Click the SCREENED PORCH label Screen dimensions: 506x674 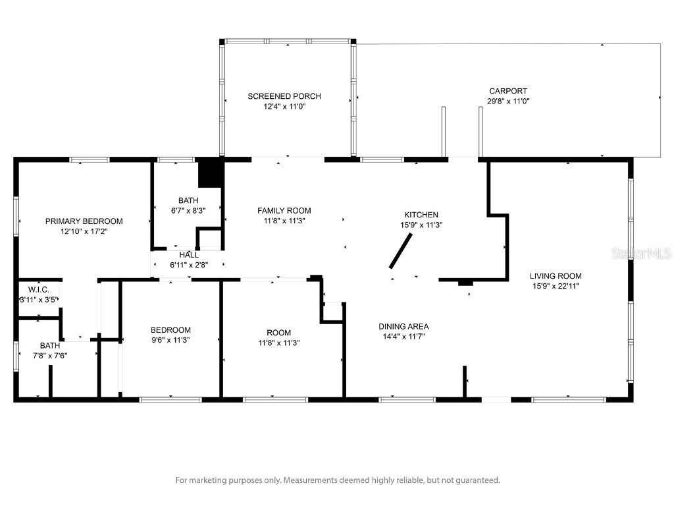[x=284, y=96]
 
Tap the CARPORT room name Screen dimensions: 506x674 [x=507, y=91]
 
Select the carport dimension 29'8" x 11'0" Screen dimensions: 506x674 [x=507, y=101]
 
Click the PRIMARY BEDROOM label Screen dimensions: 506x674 [x=84, y=221]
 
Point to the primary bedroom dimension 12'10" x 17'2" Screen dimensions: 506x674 [x=84, y=232]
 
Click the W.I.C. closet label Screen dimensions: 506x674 [x=39, y=290]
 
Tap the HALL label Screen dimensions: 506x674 [x=189, y=255]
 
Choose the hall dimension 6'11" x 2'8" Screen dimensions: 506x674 [x=189, y=265]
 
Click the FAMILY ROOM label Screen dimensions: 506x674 [x=284, y=211]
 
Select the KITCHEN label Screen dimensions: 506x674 [x=421, y=215]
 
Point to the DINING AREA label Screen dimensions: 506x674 [x=403, y=326]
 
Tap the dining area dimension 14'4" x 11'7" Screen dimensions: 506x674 [x=403, y=337]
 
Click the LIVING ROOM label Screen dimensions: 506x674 [x=556, y=276]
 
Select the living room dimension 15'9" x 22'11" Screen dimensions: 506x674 [x=556, y=287]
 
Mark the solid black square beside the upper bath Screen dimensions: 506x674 [x=211, y=173]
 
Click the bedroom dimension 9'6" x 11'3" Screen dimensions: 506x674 [x=170, y=341]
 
